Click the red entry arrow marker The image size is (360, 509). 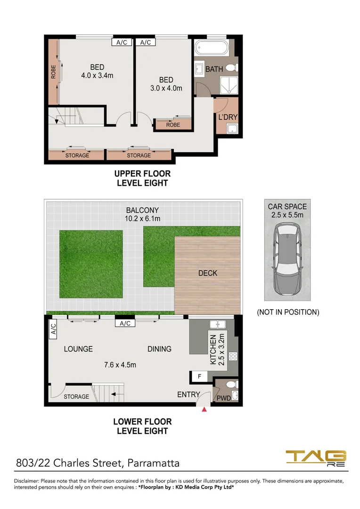[204, 410]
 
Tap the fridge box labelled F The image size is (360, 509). [199, 377]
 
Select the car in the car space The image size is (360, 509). [287, 259]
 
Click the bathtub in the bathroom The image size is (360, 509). [212, 48]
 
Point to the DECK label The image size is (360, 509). [208, 273]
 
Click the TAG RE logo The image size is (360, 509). [316, 458]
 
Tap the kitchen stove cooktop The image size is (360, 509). [233, 356]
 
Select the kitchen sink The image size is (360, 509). [218, 324]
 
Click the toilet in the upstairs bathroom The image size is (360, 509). [232, 68]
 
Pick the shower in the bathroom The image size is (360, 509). [229, 85]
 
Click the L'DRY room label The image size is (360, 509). [228, 117]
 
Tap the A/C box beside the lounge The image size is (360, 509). [53, 329]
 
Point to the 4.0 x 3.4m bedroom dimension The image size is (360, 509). [97, 75]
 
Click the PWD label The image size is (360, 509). [224, 398]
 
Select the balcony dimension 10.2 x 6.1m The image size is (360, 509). [142, 219]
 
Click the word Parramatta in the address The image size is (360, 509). [153, 463]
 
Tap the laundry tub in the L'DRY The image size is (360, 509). [232, 129]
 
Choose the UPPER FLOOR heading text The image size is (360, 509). [142, 173]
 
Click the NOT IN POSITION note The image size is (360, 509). [288, 312]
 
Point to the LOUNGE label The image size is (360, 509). [78, 349]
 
